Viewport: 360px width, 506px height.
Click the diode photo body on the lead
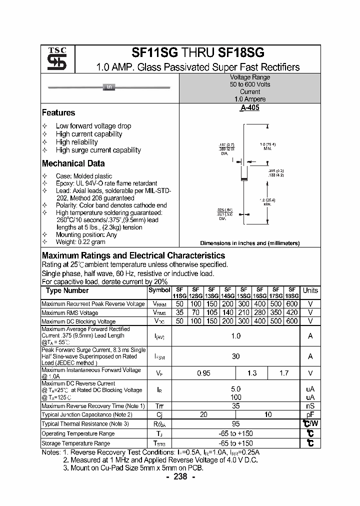(109, 88)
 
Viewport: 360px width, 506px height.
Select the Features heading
(58, 113)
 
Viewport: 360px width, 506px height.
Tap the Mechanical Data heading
(73, 163)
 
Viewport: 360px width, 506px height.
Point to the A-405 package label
(249, 108)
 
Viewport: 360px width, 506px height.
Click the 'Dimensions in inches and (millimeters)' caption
(249, 243)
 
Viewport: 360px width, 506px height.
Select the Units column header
(310, 290)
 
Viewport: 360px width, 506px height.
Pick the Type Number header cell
(67, 290)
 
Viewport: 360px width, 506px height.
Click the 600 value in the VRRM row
(291, 304)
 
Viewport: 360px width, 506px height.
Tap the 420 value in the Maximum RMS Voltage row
(291, 312)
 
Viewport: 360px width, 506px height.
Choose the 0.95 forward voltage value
(203, 373)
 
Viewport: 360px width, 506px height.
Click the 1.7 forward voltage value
(283, 373)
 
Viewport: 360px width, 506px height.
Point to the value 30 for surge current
(235, 356)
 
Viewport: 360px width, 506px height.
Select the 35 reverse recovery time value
(235, 406)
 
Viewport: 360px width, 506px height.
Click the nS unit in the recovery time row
(310, 406)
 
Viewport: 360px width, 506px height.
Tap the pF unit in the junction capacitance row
(310, 414)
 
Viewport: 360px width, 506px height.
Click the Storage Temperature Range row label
(75, 443)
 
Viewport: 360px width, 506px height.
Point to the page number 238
(180, 476)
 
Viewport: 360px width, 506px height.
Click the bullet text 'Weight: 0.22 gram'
(80, 241)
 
